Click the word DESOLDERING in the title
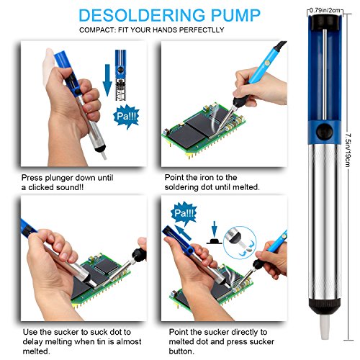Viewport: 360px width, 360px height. [x=142, y=15]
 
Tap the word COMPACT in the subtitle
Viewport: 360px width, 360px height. [x=96, y=30]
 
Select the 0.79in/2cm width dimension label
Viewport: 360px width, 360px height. [x=325, y=10]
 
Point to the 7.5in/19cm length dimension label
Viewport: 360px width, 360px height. [x=348, y=150]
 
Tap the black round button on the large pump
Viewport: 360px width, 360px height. [x=324, y=131]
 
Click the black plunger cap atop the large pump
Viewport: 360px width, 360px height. [x=324, y=22]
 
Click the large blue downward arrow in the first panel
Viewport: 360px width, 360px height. [x=107, y=80]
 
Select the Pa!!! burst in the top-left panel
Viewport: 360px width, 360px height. [x=127, y=117]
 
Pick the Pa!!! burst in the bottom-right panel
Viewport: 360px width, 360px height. [x=184, y=213]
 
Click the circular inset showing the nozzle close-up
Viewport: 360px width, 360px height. [x=240, y=243]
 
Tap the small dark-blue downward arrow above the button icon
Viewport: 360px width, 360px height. [x=215, y=230]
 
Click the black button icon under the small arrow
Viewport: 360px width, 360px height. [x=215, y=241]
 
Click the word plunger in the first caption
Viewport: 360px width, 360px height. [x=59, y=179]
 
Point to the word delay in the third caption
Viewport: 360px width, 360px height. [x=33, y=341]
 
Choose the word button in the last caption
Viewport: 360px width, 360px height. [x=181, y=351]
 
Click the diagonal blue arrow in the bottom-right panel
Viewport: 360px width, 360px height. [x=183, y=233]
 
